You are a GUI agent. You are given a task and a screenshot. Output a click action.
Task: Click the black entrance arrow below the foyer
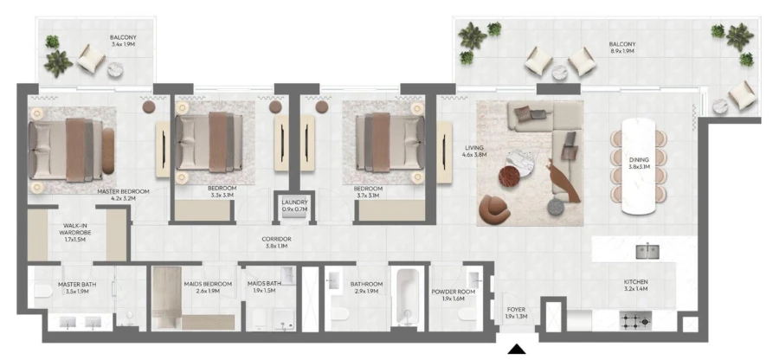517,350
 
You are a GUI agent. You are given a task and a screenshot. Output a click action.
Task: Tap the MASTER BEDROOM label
125,191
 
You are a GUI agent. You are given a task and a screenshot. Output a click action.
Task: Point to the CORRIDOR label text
277,238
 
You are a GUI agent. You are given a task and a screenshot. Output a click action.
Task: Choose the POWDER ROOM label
453,292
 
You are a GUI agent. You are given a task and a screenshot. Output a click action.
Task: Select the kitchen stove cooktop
636,321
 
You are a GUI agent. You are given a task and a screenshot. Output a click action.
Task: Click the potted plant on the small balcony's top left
53,41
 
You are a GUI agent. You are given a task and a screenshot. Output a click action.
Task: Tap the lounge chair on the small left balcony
91,59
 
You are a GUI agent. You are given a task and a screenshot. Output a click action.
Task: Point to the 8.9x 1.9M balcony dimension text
621,52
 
